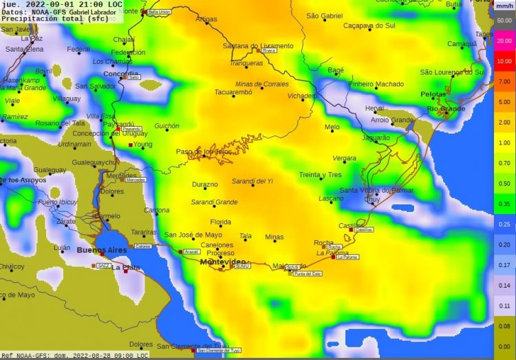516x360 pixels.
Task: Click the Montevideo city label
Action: tap(222, 262)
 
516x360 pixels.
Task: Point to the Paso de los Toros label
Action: tap(204, 151)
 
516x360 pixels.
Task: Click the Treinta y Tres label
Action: tap(320, 175)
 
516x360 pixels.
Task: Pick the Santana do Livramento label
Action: tap(257, 46)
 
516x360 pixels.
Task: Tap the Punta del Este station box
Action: tap(307, 273)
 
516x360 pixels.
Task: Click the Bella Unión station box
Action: tap(160, 12)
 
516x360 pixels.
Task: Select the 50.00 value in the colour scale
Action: tap(504, 21)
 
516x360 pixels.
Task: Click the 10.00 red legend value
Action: tap(504, 61)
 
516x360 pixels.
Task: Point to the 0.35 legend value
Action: tap(504, 204)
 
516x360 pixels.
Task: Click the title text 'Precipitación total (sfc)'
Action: tap(41, 19)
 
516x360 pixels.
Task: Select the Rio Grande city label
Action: tap(446, 109)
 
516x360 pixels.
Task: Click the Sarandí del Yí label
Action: tap(253, 181)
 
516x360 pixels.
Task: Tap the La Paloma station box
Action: tap(348, 257)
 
